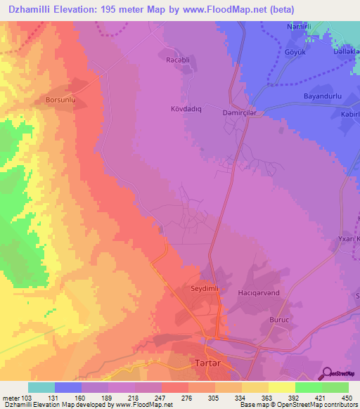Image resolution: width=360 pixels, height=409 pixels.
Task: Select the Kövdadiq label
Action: click(x=186, y=109)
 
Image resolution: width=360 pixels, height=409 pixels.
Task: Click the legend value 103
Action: click(x=27, y=398)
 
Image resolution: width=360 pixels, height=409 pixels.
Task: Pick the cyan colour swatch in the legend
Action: click(x=41, y=387)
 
